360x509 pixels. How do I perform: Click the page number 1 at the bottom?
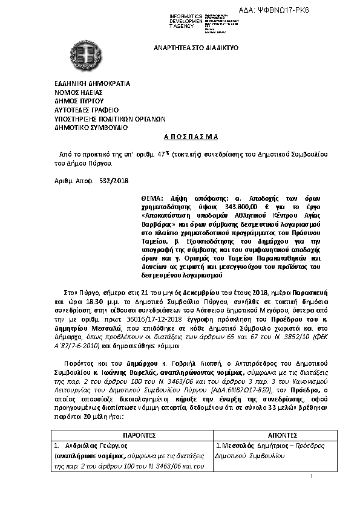[x=310, y=478]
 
